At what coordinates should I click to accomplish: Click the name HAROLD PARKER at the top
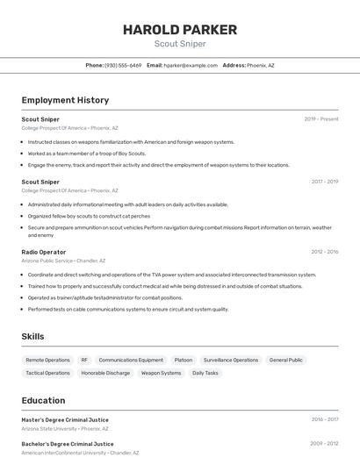tap(180, 30)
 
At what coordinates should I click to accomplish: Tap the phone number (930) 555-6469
tap(123, 66)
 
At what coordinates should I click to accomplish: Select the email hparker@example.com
tap(191, 66)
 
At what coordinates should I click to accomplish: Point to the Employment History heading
tap(65, 100)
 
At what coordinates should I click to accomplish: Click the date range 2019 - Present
tap(321, 119)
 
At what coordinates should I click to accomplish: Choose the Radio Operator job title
tap(44, 252)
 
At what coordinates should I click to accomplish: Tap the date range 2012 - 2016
tap(324, 252)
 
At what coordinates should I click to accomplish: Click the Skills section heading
tap(32, 336)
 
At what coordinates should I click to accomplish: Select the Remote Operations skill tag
tap(47, 360)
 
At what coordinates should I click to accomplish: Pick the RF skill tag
tap(84, 360)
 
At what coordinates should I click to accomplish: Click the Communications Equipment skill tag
tap(131, 360)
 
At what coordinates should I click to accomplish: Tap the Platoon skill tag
tap(183, 360)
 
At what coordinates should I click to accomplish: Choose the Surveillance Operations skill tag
tap(231, 360)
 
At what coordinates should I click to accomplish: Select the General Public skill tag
tap(285, 360)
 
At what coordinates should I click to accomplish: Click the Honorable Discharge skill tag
tap(105, 373)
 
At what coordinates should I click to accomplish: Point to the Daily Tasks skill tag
tap(205, 373)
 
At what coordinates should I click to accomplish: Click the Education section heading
tap(43, 400)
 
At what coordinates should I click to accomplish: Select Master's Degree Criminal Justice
tap(65, 419)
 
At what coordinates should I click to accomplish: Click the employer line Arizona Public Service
tap(47, 261)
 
